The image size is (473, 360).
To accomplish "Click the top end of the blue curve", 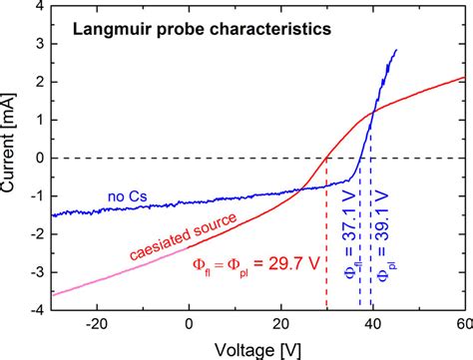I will pyautogui.click(x=397, y=50).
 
